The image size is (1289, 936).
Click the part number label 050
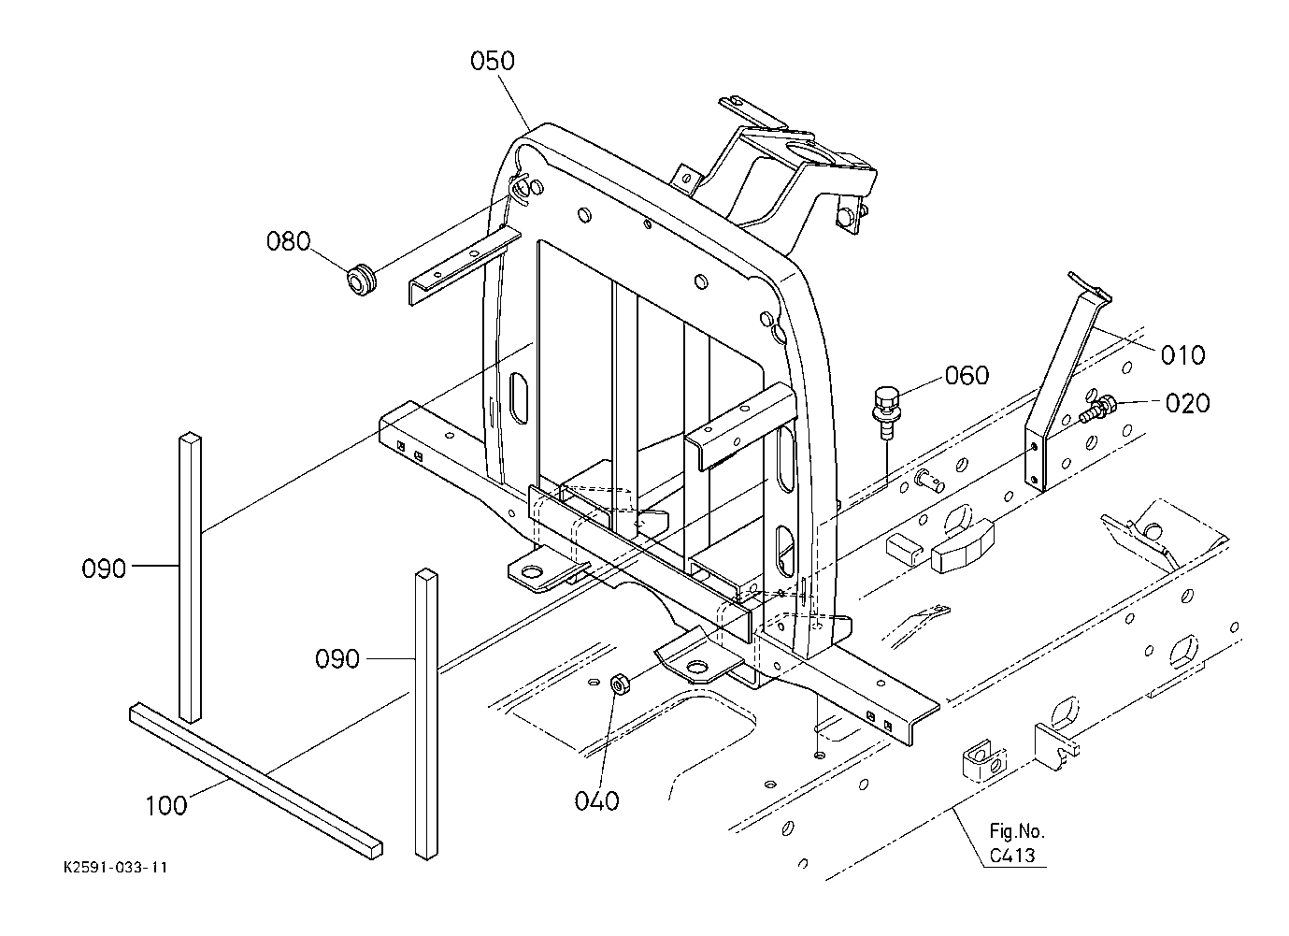[x=492, y=61]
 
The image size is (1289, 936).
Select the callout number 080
[x=288, y=241]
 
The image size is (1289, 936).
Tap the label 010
[x=1183, y=355]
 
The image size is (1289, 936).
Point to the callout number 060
[x=967, y=375]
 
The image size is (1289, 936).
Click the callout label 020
[x=1188, y=404]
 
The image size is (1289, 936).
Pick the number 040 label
[x=596, y=801]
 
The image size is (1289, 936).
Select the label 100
[x=165, y=806]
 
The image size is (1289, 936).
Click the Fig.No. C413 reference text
[x=1017, y=843]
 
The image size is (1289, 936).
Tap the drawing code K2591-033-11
[x=116, y=868]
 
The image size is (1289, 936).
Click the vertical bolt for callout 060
[x=887, y=412]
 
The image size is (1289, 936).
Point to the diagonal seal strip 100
[x=256, y=781]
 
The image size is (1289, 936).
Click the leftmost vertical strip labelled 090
[x=191, y=577]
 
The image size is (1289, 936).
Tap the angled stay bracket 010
[x=1067, y=381]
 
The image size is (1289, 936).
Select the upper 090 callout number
[x=104, y=569]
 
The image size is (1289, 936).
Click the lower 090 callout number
[x=337, y=658]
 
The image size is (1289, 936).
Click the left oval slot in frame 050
[x=519, y=398]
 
